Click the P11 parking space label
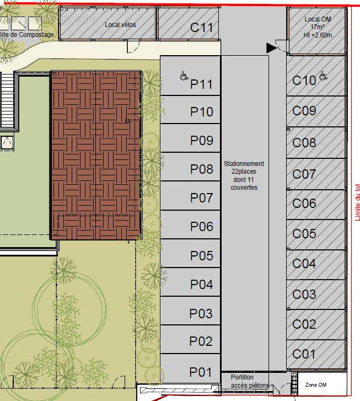[x=201, y=84]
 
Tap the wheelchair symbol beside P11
[x=184, y=76]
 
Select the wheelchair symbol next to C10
[x=323, y=76]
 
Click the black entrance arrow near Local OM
[x=271, y=48]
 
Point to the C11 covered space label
[x=201, y=28]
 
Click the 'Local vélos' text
[x=120, y=25]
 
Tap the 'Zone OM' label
[x=316, y=385]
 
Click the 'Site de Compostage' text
[x=26, y=35]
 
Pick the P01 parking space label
[x=201, y=372]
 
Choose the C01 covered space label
[x=304, y=354]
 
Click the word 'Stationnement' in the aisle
[x=244, y=164]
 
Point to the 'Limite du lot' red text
[x=357, y=202]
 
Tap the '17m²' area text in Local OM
[x=318, y=27]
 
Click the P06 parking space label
[x=201, y=227]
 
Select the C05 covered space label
[x=304, y=234]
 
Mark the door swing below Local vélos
[x=133, y=47]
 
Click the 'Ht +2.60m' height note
[x=318, y=35]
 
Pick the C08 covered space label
[x=304, y=143]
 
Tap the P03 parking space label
[x=201, y=313]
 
